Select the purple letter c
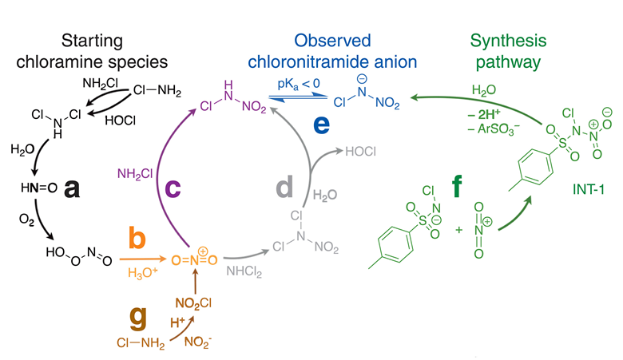[173, 188]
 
